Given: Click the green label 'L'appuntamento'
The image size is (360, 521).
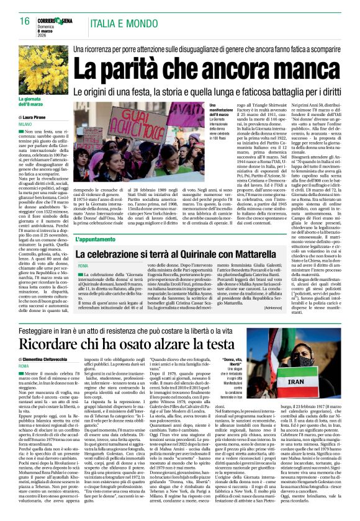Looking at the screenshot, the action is (x=97, y=239).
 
